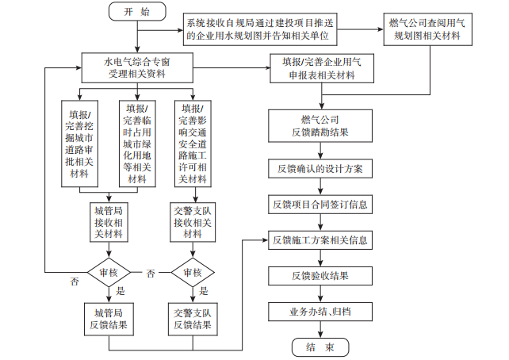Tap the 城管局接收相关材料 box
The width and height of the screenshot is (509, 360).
[x=109, y=222]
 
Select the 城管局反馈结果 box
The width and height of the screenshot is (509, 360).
[x=109, y=319]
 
